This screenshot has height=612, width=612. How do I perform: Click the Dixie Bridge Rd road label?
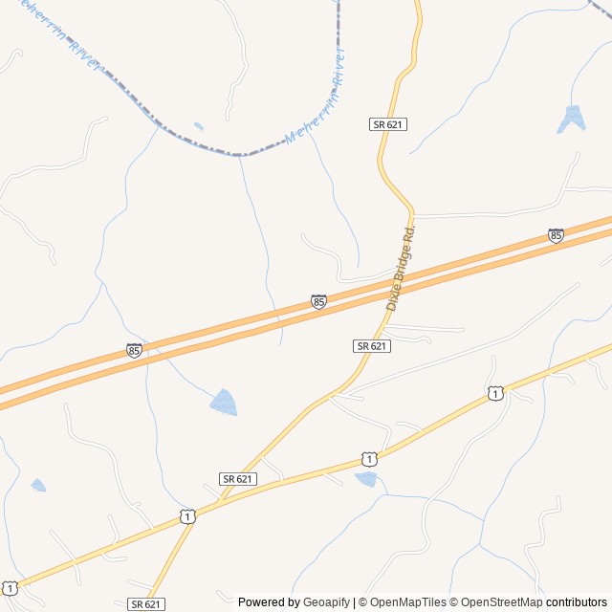pyautogui.click(x=403, y=269)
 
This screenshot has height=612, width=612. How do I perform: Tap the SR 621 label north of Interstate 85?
pyautogui.click(x=388, y=124)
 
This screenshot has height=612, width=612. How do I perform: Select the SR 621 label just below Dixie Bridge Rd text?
pyautogui.click(x=371, y=345)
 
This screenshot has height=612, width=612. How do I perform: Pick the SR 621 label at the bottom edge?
pyautogui.click(x=145, y=604)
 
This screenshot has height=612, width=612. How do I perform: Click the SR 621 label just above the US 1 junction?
pyautogui.click(x=237, y=478)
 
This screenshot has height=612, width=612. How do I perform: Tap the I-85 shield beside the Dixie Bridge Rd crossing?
pyautogui.click(x=318, y=301)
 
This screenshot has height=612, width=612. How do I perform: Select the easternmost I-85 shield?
pyautogui.click(x=556, y=234)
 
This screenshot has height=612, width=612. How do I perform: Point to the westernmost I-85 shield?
pyautogui.click(x=134, y=351)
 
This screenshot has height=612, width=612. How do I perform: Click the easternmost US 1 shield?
pyautogui.click(x=494, y=393)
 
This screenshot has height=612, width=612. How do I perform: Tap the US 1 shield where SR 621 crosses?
pyautogui.click(x=187, y=516)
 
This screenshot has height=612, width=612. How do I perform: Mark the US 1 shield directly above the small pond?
pyautogui.click(x=369, y=460)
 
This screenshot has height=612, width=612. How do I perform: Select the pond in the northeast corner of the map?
pyautogui.click(x=572, y=118)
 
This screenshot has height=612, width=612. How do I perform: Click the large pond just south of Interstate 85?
pyautogui.click(x=224, y=403)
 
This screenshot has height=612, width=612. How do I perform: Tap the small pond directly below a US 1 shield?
pyautogui.click(x=365, y=479)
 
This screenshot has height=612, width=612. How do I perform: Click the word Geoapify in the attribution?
pyautogui.click(x=327, y=602)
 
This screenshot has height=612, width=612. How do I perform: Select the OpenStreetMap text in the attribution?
pyautogui.click(x=501, y=602)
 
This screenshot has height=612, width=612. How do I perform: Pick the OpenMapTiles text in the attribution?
pyautogui.click(x=408, y=602)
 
